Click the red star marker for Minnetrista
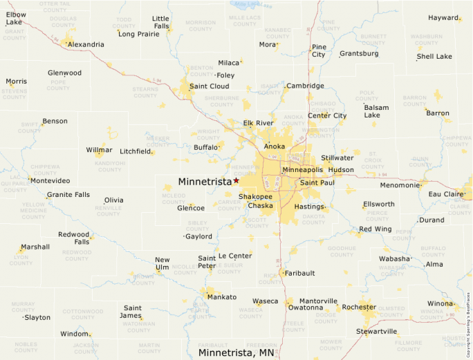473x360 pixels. (236, 180)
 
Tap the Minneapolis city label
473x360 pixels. (302, 169)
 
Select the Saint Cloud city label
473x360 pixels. (209, 86)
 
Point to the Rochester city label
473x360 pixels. (359, 307)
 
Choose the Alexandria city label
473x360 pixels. (86, 44)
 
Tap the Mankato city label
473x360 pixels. (221, 297)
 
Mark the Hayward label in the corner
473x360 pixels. (443, 17)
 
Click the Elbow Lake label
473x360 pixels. (16, 19)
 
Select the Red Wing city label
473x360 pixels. (375, 229)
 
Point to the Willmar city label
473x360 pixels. (99, 150)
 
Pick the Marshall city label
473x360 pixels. (35, 247)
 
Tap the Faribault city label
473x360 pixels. (299, 273)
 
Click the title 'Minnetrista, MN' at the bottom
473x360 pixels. (236, 352)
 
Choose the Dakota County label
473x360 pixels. (313, 219)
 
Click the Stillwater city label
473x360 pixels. (337, 158)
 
